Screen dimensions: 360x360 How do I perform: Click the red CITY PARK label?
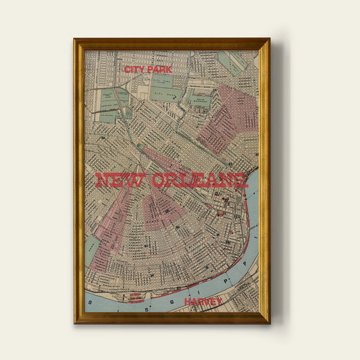point(149,69)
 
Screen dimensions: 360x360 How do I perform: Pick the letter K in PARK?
point(169,69)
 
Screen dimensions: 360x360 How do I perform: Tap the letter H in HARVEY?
point(186,302)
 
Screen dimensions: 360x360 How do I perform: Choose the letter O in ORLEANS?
point(159,181)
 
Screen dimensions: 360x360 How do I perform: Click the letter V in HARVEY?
point(206,302)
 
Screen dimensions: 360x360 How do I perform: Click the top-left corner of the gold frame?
point(74,39)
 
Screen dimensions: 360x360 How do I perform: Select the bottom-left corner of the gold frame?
point(74,323)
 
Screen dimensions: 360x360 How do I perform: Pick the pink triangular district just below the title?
point(162,209)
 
